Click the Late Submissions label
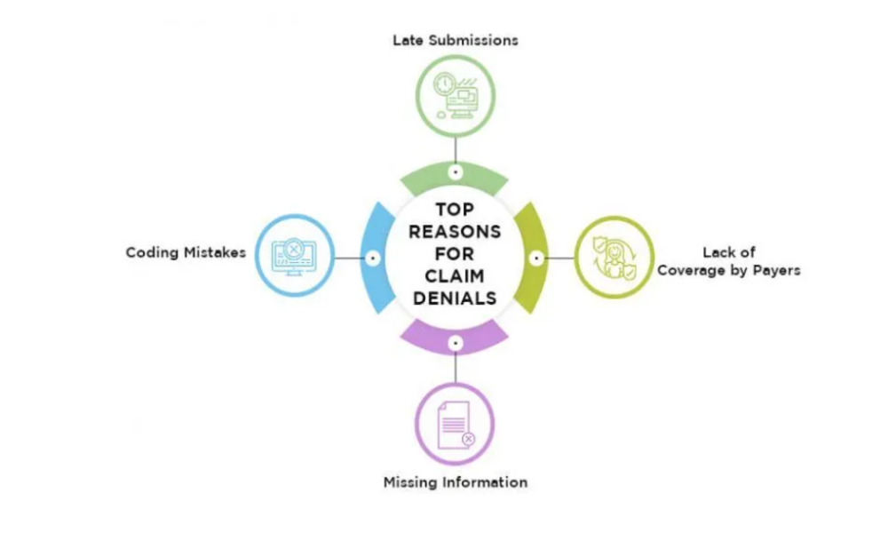[x=456, y=40]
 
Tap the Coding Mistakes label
[x=186, y=252]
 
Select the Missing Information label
[x=456, y=482]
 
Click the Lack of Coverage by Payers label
[x=728, y=261]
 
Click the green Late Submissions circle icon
[x=456, y=94]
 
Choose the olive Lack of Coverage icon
[x=614, y=257]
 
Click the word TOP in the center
[x=456, y=211]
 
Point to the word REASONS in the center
[x=456, y=233]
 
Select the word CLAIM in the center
[x=456, y=276]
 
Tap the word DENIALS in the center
[x=456, y=298]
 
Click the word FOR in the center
[x=456, y=255]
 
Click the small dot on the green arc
[x=456, y=171]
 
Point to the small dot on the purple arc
[x=456, y=341]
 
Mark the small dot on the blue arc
[x=373, y=258]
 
